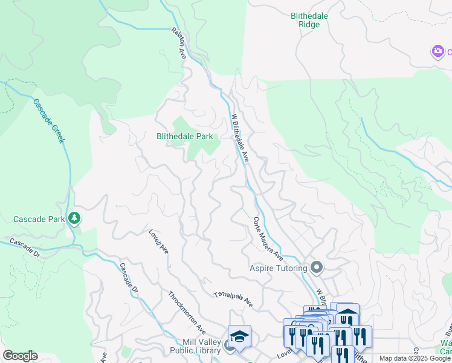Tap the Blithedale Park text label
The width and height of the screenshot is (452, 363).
(185, 137)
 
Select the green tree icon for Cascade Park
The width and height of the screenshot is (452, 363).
(74, 218)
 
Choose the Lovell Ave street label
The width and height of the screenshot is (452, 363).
(158, 241)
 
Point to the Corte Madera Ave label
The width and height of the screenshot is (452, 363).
(268, 238)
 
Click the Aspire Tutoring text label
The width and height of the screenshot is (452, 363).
(279, 267)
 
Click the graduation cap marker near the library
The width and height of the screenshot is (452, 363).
(239, 336)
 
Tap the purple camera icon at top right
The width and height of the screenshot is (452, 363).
(437, 51)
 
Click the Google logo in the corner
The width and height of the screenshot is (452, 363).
(20, 356)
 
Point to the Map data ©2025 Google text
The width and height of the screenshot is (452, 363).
(415, 358)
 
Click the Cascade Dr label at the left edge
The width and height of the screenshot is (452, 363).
(24, 249)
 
